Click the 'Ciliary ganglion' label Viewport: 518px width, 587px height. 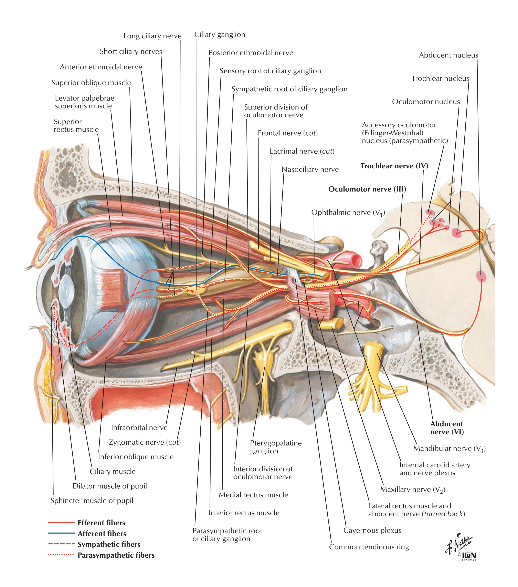[220, 35]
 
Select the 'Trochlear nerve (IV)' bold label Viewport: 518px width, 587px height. [394, 166]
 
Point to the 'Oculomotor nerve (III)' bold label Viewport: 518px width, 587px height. [367, 189]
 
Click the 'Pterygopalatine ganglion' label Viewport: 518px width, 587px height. [275, 447]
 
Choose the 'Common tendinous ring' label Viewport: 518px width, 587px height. [369, 547]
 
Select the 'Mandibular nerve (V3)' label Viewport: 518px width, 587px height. [449, 449]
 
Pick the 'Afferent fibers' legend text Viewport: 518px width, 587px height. [102, 534]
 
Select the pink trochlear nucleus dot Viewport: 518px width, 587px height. [456, 232]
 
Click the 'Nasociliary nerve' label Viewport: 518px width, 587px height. [310, 169]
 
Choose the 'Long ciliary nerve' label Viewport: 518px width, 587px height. [152, 36]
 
